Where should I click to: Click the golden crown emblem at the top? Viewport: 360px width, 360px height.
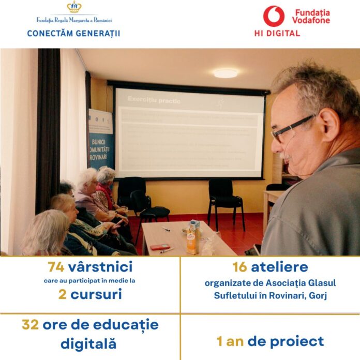[x=74, y=8]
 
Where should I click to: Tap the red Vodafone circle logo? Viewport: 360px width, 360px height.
[x=274, y=16]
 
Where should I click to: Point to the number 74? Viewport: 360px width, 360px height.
[x=56, y=267]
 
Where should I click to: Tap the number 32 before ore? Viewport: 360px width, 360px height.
[x=31, y=325]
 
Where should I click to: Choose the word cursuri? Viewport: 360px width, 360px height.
[x=97, y=294]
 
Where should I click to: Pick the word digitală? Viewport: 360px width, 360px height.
[x=88, y=343]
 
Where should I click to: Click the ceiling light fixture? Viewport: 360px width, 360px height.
[x=226, y=73]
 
